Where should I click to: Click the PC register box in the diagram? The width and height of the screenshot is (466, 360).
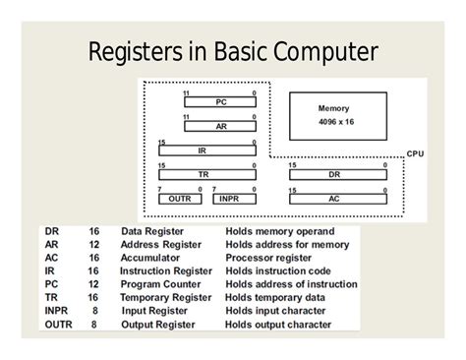click(220, 101)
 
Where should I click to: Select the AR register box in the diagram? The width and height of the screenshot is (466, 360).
click(220, 126)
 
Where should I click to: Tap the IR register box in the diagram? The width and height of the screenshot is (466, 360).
click(202, 150)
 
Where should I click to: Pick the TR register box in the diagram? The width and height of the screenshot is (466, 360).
click(202, 173)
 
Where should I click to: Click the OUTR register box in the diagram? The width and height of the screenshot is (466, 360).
click(180, 197)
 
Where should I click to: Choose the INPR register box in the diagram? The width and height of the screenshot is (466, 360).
click(230, 197)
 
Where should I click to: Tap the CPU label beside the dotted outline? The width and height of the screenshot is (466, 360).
click(415, 153)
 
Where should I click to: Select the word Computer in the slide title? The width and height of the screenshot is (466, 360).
click(323, 51)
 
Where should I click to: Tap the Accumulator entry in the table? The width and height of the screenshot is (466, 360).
click(150, 258)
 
